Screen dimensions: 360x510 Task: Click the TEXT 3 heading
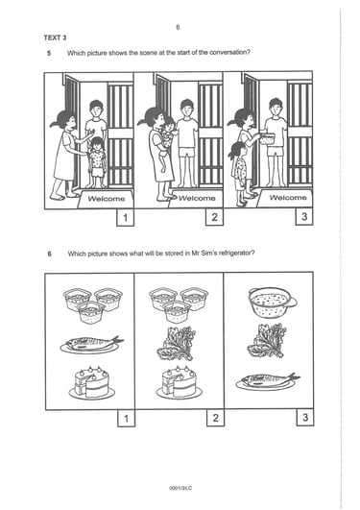55,37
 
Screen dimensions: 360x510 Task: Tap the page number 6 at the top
178,27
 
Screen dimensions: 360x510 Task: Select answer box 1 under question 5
125,217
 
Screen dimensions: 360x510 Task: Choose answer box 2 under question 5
214,217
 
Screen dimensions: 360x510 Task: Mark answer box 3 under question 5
304,217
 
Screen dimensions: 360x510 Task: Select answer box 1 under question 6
126,419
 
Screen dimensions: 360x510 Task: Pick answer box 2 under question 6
215,418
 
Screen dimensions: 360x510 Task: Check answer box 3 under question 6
305,417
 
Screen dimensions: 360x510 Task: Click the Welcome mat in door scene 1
106,199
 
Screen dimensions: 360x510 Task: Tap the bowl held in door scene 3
267,138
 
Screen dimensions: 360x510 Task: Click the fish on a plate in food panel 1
91,344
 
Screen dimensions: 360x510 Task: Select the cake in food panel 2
179,383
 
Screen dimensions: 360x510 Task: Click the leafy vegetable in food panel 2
177,344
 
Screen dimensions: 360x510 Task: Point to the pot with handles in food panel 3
273,303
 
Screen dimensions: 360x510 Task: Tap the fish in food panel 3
268,381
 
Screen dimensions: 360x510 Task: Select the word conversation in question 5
230,52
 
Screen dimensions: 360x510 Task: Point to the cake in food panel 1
92,383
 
